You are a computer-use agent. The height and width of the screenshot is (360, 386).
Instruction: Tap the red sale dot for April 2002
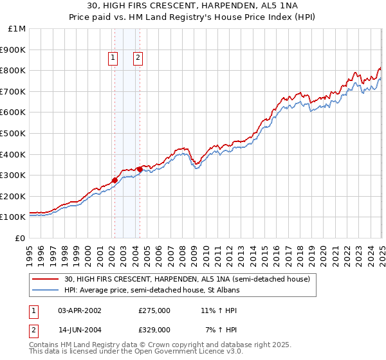(115, 181)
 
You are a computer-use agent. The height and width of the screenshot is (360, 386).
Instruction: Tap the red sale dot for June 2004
(140, 169)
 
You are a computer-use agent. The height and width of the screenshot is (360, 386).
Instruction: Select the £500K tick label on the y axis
(13, 133)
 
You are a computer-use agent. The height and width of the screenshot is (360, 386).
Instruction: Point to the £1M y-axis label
(16, 28)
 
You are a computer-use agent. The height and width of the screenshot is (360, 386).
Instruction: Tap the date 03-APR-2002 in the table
(80, 310)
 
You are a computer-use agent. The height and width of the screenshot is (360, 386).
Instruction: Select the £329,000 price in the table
(154, 329)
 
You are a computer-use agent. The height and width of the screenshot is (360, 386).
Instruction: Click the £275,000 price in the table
(154, 310)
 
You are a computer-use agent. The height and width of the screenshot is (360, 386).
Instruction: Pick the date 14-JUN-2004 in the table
(80, 329)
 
